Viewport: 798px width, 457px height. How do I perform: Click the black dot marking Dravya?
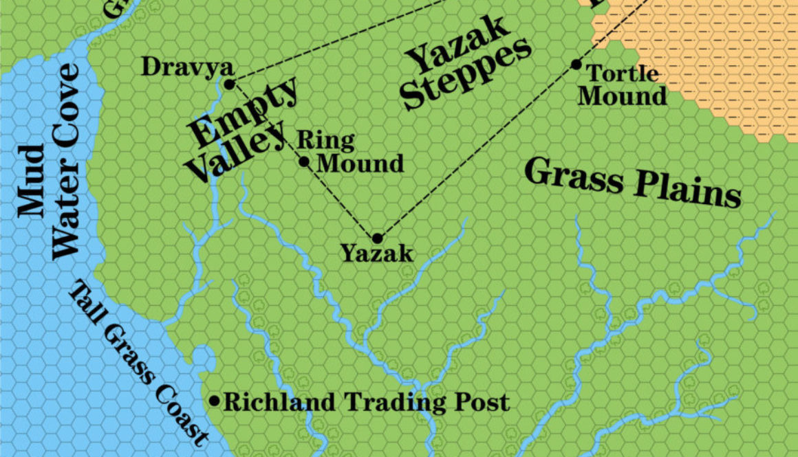(x=230, y=85)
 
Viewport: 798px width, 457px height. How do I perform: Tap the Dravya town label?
(x=187, y=67)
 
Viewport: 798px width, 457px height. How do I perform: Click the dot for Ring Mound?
(x=305, y=162)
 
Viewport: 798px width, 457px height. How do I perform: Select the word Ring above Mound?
(x=325, y=141)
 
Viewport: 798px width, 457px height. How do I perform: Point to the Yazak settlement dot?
(x=377, y=238)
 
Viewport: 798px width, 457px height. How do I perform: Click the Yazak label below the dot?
(x=378, y=255)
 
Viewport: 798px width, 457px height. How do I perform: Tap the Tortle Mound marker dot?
(x=576, y=65)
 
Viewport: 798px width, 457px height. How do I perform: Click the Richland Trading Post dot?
(x=215, y=401)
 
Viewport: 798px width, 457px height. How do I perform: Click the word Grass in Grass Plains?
(x=574, y=176)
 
